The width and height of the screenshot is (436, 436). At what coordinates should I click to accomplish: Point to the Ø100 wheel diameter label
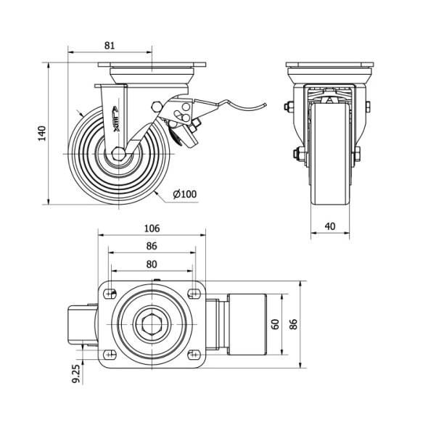pyautogui.click(x=185, y=194)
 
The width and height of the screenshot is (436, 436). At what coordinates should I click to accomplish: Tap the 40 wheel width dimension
pyautogui.click(x=329, y=226)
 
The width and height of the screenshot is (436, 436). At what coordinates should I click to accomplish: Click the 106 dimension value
pyautogui.click(x=152, y=228)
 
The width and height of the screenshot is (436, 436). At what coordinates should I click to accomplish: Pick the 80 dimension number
pyautogui.click(x=152, y=264)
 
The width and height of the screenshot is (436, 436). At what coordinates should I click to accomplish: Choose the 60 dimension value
pyautogui.click(x=276, y=324)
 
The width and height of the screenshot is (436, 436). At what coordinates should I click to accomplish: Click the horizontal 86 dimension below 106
pyautogui.click(x=152, y=246)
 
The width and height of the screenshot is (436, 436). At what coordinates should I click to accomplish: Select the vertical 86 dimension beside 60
pyautogui.click(x=293, y=324)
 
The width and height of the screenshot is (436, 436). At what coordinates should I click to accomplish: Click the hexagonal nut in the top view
pyautogui.click(x=152, y=324)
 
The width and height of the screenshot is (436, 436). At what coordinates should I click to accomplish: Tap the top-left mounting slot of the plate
pyautogui.click(x=111, y=293)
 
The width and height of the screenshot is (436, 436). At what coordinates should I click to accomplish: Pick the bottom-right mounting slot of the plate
pyautogui.click(x=193, y=354)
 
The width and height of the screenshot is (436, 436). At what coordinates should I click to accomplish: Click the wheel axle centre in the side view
pyautogui.click(x=118, y=155)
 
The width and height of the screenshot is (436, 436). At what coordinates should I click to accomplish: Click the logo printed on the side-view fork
pyautogui.click(x=119, y=116)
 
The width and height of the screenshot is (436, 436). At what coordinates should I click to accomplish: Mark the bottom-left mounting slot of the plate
pyautogui.click(x=111, y=354)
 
